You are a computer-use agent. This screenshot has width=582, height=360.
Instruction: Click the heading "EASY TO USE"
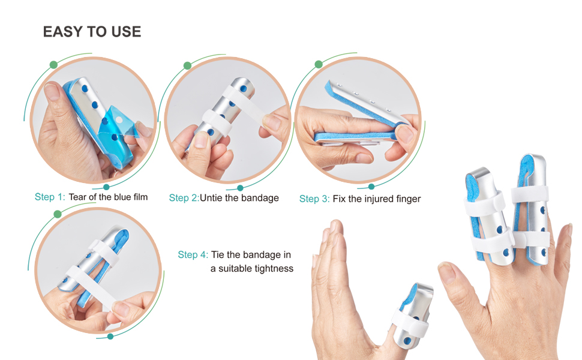tap(92, 32)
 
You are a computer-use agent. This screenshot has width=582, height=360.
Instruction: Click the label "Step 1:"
tap(49, 197)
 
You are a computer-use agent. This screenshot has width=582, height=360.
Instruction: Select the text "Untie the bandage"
tap(239, 198)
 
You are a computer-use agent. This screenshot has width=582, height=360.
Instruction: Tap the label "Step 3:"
tap(314, 199)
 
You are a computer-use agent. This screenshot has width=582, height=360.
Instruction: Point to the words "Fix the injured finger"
tap(377, 199)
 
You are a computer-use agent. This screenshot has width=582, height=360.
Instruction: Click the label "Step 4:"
tap(192, 254)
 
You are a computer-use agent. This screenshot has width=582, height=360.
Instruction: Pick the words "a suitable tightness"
tap(252, 268)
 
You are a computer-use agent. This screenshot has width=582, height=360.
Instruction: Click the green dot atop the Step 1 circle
tap(53, 64)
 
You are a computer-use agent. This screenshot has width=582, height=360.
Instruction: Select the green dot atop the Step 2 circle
tap(187, 65)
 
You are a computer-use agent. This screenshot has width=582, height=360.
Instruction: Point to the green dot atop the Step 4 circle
tap(58, 214)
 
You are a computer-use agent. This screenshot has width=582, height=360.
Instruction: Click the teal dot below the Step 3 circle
tap(371, 186)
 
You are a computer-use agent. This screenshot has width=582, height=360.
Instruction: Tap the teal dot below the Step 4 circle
tap(110, 337)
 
